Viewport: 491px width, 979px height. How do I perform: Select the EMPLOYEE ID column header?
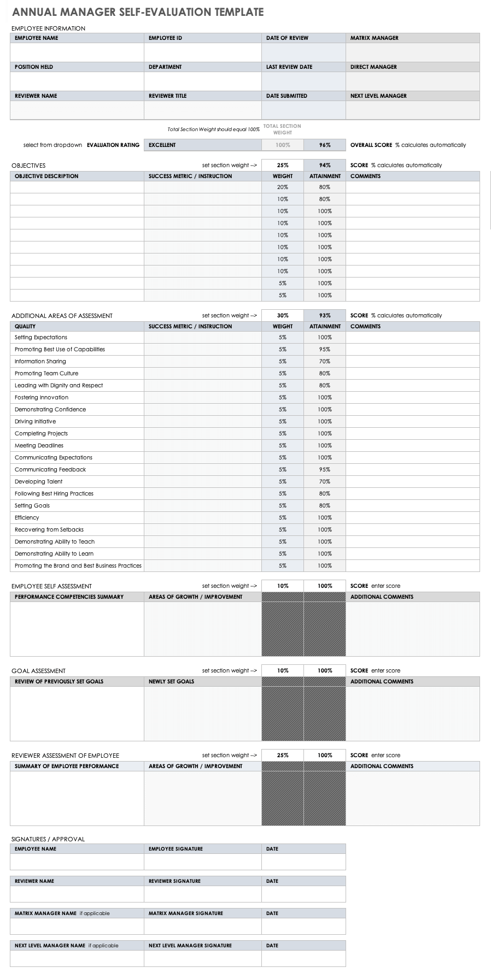pyautogui.click(x=165, y=38)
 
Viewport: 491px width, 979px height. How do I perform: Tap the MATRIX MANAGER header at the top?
pyautogui.click(x=374, y=38)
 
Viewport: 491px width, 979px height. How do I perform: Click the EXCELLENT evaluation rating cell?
pyautogui.click(x=162, y=145)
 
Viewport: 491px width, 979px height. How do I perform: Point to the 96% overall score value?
pyautogui.click(x=325, y=145)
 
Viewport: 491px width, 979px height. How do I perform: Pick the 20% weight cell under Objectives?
pyautogui.click(x=282, y=187)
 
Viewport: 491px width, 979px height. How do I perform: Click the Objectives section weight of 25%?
pyautogui.click(x=282, y=166)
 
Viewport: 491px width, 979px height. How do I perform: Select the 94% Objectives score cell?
pyautogui.click(x=325, y=166)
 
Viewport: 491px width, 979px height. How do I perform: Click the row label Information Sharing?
pyautogui.click(x=40, y=362)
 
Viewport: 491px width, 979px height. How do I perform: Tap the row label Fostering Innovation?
pyautogui.click(x=42, y=398)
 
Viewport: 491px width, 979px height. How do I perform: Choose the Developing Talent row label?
pyautogui.click(x=38, y=482)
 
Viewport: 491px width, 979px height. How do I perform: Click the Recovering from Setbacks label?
pyautogui.click(x=49, y=530)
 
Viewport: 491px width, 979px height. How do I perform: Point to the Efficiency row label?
pyautogui.click(x=27, y=518)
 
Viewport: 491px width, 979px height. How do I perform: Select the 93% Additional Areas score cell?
pyautogui.click(x=325, y=316)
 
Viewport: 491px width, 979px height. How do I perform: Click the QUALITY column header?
pyautogui.click(x=25, y=327)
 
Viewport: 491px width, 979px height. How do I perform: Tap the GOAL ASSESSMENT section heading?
pyautogui.click(x=38, y=671)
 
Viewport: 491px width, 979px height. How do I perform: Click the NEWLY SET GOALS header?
pyautogui.click(x=171, y=682)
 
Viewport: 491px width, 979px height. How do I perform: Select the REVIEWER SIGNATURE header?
pyautogui.click(x=174, y=881)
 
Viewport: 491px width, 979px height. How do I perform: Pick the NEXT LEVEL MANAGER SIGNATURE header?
pyautogui.click(x=190, y=946)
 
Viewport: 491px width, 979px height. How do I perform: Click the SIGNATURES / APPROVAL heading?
pyautogui.click(x=48, y=839)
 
